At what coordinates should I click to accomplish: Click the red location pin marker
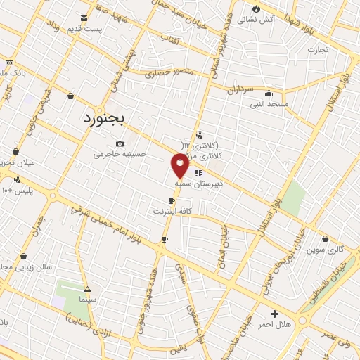coord(180,165)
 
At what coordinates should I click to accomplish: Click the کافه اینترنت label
coord(172,210)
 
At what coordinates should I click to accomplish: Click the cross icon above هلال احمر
coord(274,313)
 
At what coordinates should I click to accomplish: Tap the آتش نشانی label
coord(250,20)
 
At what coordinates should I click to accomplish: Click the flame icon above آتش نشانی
coord(257,9)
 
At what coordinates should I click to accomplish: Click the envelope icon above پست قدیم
coord(84,18)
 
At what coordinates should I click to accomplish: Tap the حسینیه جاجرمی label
coord(120,153)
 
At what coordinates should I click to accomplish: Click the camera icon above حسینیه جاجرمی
coord(120,143)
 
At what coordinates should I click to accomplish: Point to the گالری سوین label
coord(324,250)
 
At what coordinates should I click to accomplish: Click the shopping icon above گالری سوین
coord(325,239)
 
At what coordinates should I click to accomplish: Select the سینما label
coord(87,299)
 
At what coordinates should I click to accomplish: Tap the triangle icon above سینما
coord(87,289)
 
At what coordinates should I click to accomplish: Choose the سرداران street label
coord(240,90)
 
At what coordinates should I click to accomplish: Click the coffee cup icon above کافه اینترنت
coord(172,201)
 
